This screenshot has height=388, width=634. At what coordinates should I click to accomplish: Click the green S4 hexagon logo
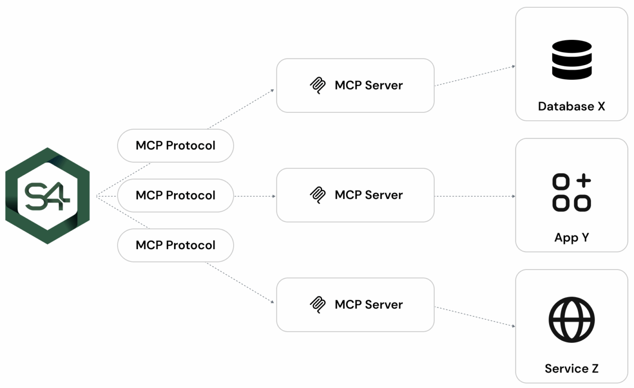pos(47,196)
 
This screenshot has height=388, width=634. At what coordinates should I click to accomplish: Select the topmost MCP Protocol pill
pos(176,146)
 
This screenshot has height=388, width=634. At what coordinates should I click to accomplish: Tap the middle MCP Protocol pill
pos(176,195)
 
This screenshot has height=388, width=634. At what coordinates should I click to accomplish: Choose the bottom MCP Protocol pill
pos(176,245)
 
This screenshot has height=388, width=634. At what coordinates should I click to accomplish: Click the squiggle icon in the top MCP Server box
pos(317,86)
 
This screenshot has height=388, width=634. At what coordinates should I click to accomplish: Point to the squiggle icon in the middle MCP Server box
pos(317,195)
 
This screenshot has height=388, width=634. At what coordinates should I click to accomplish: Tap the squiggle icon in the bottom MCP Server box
pos(317,305)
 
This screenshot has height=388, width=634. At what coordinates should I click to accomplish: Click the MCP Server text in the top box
pos(369,86)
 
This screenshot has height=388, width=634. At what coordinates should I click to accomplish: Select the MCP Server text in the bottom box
pos(369,305)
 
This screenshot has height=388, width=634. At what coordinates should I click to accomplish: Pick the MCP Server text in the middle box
pos(369,195)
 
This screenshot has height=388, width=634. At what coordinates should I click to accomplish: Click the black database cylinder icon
pos(572,59)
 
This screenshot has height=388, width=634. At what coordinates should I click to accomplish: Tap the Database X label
pos(572,107)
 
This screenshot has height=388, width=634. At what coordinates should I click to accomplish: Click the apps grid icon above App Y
pos(572,193)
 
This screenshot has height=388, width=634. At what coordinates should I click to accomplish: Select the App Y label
pos(572,238)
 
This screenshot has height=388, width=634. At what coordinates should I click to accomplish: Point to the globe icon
pos(572,320)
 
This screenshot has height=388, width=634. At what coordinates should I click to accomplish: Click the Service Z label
pos(572,369)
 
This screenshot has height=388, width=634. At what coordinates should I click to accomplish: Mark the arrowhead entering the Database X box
pos(514,66)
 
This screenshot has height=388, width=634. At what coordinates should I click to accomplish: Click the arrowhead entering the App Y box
pos(514,196)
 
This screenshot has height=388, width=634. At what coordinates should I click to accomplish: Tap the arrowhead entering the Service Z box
pos(514,326)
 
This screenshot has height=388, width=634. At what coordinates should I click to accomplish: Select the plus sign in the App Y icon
pos(583,181)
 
